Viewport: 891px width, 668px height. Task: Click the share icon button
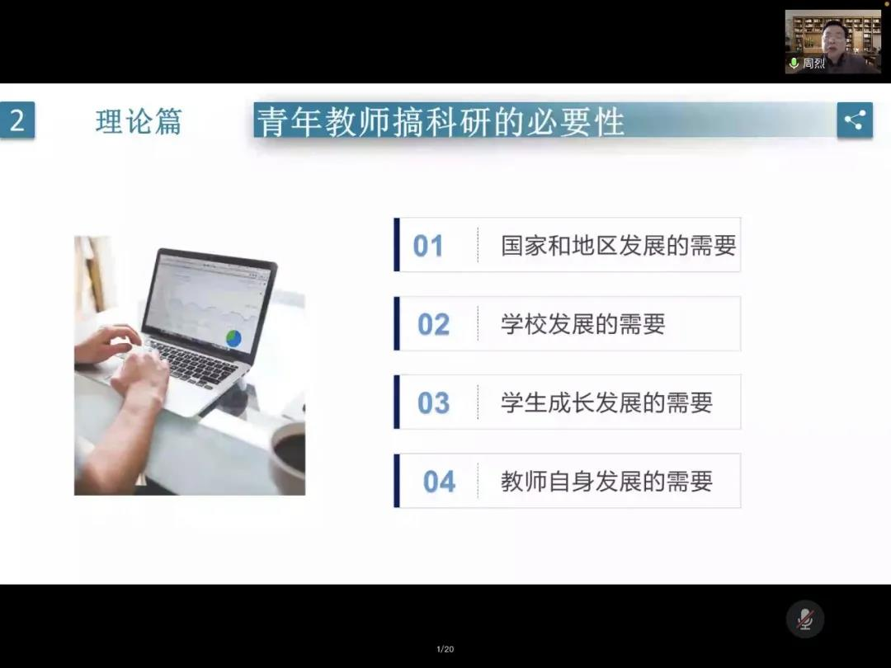tap(855, 120)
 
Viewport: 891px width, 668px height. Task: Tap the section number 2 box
tap(17, 120)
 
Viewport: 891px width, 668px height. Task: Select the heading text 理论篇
tap(139, 121)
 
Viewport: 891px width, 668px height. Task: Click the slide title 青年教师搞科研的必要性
tap(441, 121)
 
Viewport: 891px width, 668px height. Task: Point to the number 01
tap(428, 246)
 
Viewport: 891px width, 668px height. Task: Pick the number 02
tap(434, 324)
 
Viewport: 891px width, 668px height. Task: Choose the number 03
tap(434, 402)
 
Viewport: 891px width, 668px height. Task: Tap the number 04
tap(439, 482)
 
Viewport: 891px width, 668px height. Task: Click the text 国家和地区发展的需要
tap(618, 246)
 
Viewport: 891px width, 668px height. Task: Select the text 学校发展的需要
tap(583, 324)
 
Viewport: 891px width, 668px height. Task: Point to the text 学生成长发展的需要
tap(606, 402)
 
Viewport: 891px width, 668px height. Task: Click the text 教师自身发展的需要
tap(606, 482)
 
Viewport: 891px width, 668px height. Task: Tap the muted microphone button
tap(805, 619)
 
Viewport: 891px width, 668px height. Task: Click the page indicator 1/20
tap(445, 649)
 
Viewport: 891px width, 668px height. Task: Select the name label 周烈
tap(813, 63)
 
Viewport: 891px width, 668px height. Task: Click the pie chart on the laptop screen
tap(233, 338)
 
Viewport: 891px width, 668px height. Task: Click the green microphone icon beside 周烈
tap(794, 63)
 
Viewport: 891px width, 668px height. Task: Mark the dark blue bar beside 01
tap(397, 245)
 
